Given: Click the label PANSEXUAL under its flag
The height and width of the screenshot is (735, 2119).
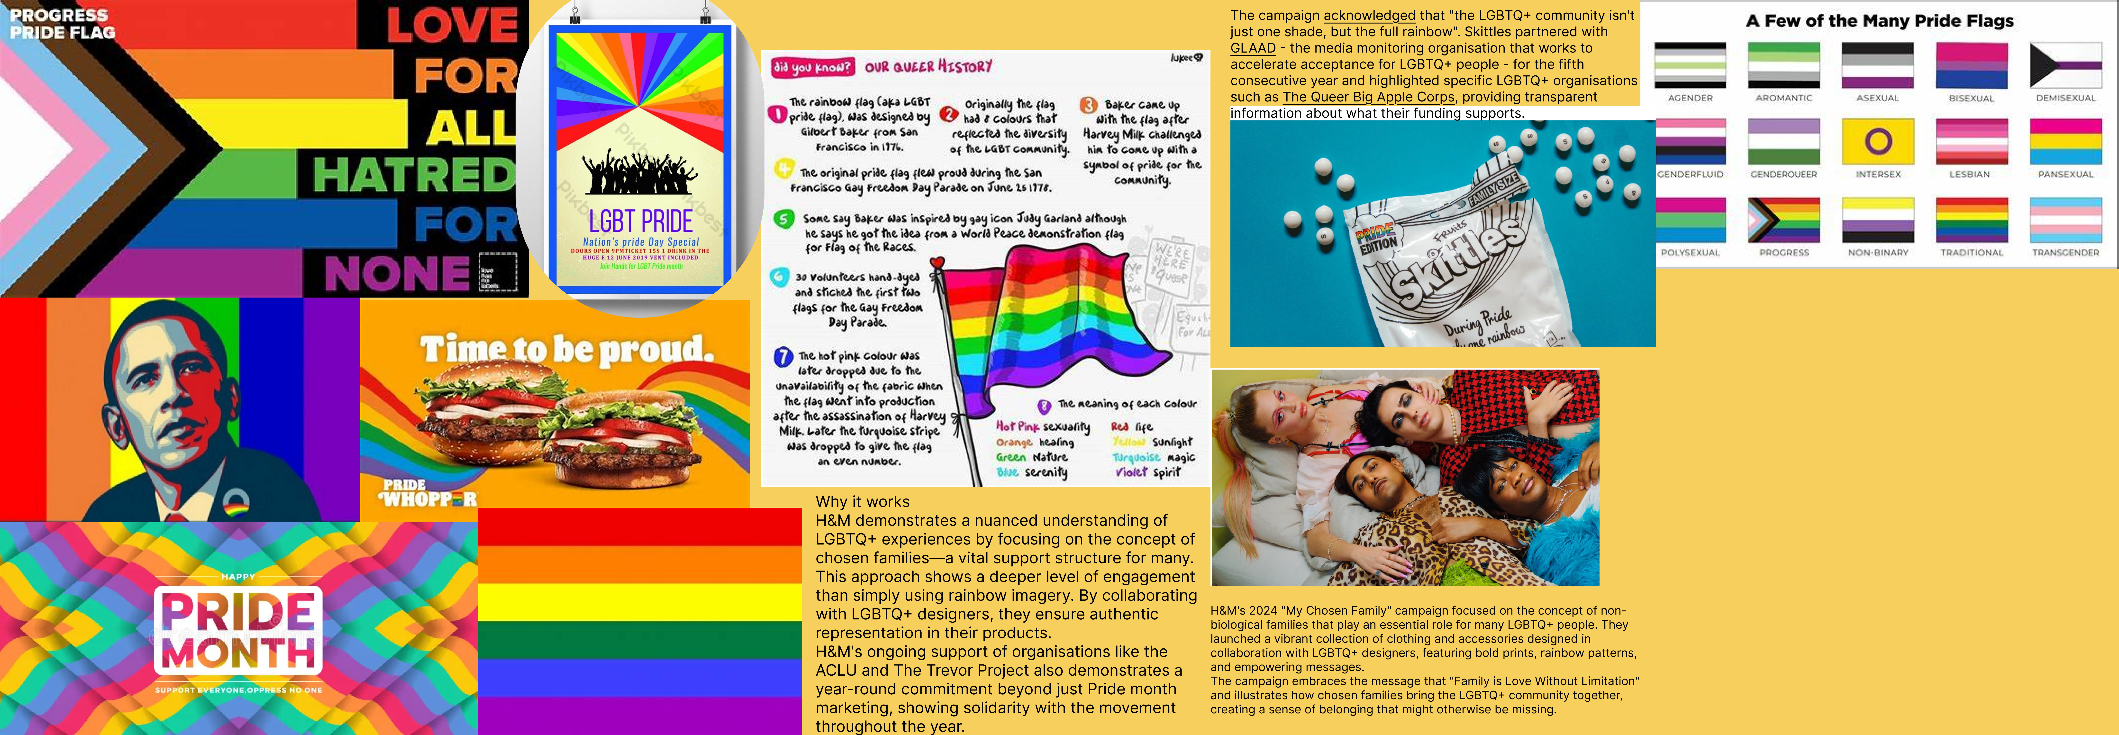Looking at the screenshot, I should pyautogui.click(x=2065, y=174).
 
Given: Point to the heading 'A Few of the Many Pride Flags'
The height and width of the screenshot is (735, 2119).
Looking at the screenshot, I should pyautogui.click(x=1880, y=21).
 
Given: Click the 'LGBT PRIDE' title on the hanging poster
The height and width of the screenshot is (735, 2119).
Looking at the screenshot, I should pyautogui.click(x=641, y=220).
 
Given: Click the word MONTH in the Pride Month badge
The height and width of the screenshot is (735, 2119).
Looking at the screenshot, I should pyautogui.click(x=238, y=653).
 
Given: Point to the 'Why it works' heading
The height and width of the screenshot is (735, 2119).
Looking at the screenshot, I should pyautogui.click(x=862, y=501).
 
